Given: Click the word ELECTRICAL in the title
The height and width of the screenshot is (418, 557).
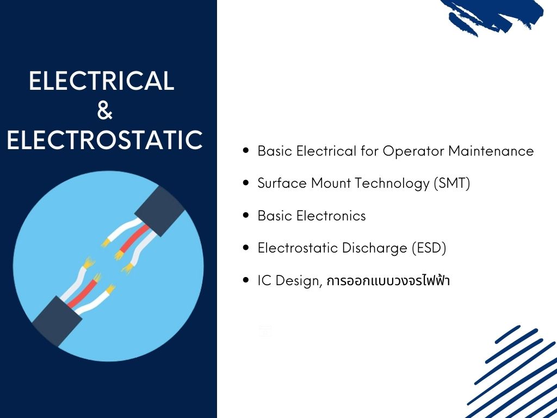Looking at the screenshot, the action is [102, 81].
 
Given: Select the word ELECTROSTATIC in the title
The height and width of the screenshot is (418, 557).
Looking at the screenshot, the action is [105, 140].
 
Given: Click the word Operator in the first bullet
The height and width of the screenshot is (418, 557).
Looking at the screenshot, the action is [413, 151].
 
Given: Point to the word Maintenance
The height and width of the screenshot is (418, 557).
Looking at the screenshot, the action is [491, 151].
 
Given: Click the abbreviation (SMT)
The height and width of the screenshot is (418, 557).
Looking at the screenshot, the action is [452, 183].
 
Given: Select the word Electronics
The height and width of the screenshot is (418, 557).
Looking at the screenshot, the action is [331, 216].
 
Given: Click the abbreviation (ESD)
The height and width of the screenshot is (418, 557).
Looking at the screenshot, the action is [429, 248].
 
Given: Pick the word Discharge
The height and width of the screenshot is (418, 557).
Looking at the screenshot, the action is [374, 248].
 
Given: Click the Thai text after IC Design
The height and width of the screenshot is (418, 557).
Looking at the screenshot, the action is [388, 280].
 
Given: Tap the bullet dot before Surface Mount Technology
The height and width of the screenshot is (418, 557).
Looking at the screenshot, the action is [246, 183].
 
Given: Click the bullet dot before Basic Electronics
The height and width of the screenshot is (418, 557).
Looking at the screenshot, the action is [246, 216].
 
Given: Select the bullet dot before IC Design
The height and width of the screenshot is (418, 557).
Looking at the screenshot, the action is [246, 280].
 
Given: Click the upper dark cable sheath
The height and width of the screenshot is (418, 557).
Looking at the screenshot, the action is [160, 211].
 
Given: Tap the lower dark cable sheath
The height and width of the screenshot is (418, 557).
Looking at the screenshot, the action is [57, 321].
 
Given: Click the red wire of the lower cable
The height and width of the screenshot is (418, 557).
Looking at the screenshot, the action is [83, 294].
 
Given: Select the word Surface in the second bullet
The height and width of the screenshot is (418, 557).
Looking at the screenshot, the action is [282, 183].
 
